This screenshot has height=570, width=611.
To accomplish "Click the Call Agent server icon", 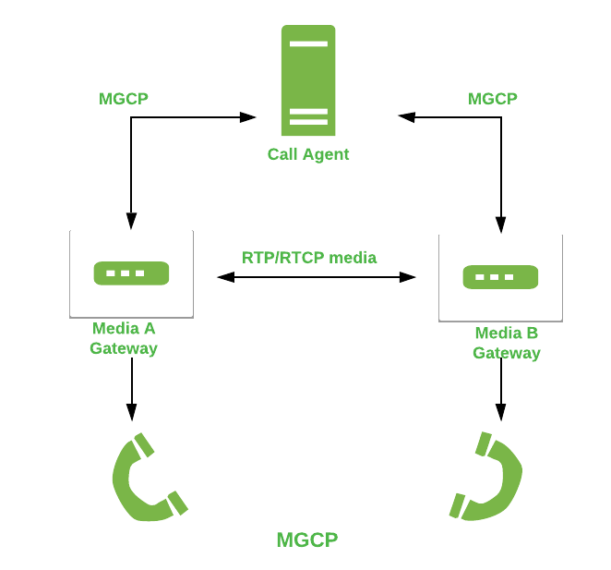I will point(308,80).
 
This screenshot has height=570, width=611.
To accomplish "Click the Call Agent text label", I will point(308,154).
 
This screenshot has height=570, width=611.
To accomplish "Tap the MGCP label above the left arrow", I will point(124,99).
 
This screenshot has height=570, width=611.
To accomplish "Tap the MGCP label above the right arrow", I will point(493,99).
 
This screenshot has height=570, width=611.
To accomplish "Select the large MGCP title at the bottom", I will point(307,540).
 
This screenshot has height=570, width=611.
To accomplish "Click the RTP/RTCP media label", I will point(309,258).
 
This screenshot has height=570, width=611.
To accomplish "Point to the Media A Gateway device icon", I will point(131,273).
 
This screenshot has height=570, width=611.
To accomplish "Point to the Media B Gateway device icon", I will point(500,277).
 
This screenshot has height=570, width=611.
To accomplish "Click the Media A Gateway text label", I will point(124,338).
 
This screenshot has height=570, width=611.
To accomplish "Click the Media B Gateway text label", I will point(507,343).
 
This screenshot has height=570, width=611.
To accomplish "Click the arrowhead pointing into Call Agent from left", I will point(247,117).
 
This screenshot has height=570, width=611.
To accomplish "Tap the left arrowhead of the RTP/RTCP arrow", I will point(225,276).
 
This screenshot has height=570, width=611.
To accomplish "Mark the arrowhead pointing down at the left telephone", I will point(131,412).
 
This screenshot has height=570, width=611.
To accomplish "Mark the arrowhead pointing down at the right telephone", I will point(500,412).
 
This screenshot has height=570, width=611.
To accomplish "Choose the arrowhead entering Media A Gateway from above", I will point(131,222).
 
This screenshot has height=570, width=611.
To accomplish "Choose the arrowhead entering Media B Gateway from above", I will point(500,224).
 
